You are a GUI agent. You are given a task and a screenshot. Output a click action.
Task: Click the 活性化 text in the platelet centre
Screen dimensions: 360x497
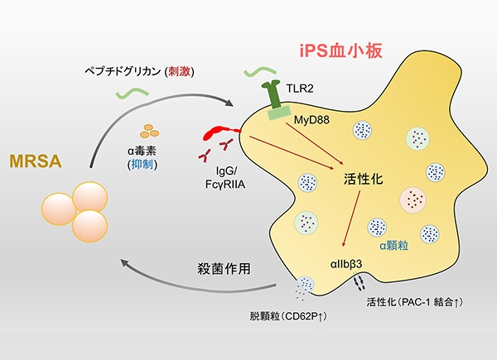click(x=364, y=178)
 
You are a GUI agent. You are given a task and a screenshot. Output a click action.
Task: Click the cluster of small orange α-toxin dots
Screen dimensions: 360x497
click(x=151, y=131)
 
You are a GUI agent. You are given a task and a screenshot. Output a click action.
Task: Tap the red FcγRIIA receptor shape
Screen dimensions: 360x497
click(x=222, y=131)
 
